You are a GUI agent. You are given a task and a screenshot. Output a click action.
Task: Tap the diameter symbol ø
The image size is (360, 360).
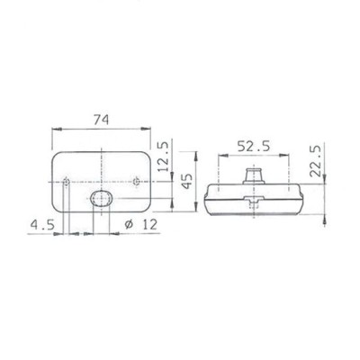(x=129, y=225)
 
